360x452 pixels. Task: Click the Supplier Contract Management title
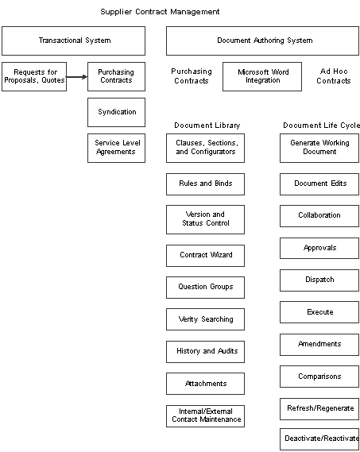(160, 12)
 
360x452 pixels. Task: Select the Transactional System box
(74, 41)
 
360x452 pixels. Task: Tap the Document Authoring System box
(262, 41)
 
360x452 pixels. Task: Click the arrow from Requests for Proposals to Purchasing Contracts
(77, 77)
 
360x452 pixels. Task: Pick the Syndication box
(117, 113)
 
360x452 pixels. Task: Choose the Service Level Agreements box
(117, 149)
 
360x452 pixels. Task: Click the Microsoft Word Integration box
(262, 77)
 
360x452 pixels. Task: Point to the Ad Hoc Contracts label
(334, 76)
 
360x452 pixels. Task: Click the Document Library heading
(207, 126)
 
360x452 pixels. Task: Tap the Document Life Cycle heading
(321, 126)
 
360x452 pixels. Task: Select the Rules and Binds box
(205, 184)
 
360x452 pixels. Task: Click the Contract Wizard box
(205, 256)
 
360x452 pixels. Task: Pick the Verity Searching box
(205, 319)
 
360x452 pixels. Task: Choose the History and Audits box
(205, 352)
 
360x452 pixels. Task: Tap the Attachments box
(205, 384)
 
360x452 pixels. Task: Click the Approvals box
(319, 248)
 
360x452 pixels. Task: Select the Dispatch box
(319, 280)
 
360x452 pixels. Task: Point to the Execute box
(319, 312)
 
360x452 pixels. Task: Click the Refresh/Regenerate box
(319, 409)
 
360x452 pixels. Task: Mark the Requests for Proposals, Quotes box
(34, 77)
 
